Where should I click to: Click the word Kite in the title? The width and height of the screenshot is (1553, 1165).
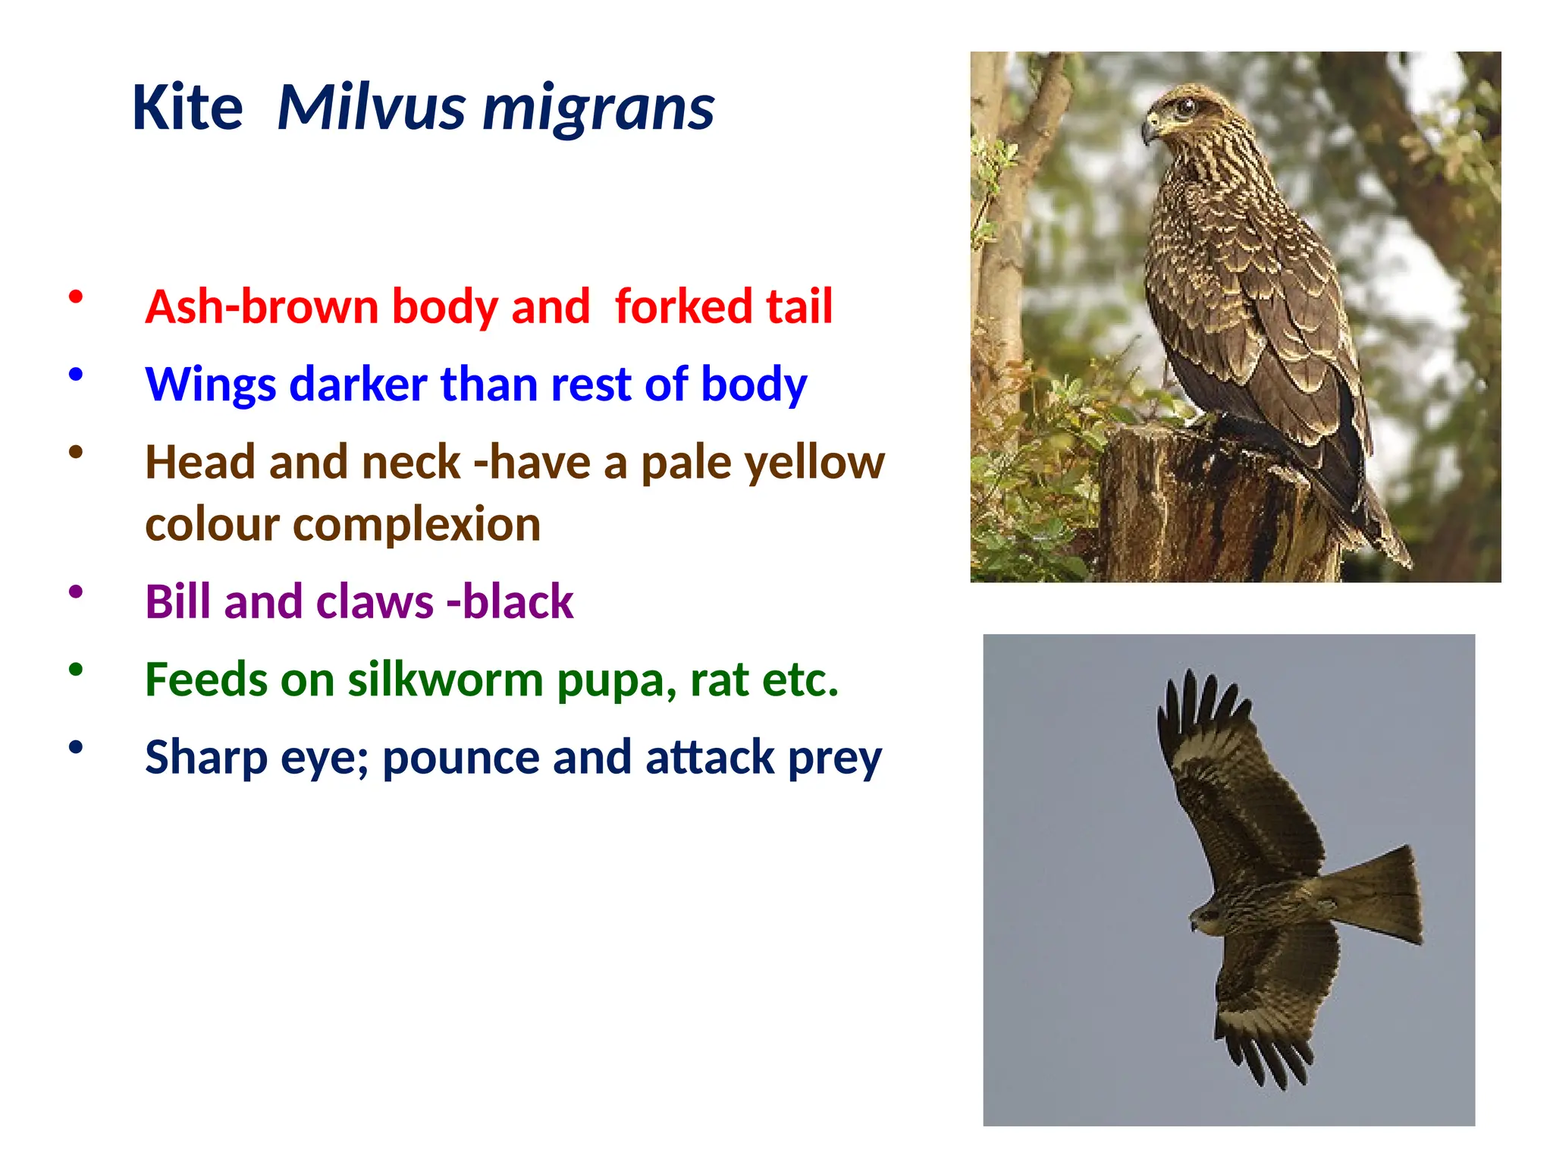point(187,108)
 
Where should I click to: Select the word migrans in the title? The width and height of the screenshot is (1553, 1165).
point(598,108)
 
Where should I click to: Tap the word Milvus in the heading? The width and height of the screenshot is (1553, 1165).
point(371,108)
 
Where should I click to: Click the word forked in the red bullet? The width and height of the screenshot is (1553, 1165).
point(683,306)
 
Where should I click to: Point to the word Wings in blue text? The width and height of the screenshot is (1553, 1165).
point(210,385)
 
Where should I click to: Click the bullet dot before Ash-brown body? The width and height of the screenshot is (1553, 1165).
point(75,297)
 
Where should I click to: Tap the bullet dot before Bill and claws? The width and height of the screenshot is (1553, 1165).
point(75,592)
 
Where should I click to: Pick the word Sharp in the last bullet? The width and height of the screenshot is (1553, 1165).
point(206,758)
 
